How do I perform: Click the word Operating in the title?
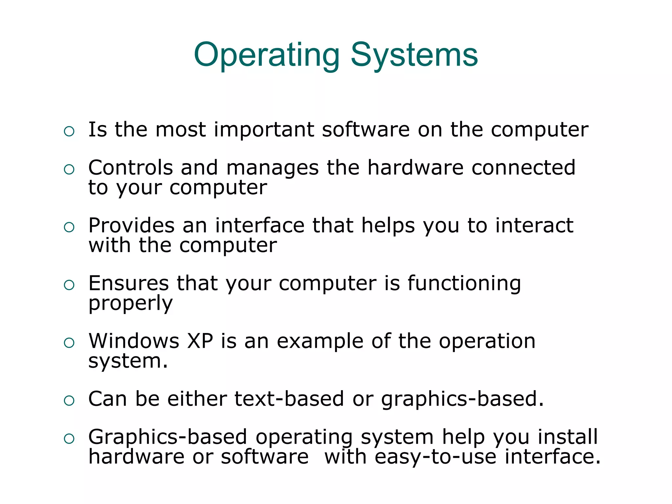point(266,55)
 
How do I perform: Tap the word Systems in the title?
point(414,55)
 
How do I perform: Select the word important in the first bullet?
point(264,130)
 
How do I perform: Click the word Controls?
point(130,168)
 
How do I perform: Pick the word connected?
point(523,168)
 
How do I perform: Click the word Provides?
point(131,226)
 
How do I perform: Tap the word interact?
point(534,226)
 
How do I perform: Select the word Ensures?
point(128,283)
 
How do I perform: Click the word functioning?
point(464,284)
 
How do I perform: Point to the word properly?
point(130,304)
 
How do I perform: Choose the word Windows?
point(134,341)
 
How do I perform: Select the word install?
point(568,437)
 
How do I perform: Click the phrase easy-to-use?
point(435,457)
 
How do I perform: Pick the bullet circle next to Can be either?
point(69,401)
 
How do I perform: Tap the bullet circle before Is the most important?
point(69,132)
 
